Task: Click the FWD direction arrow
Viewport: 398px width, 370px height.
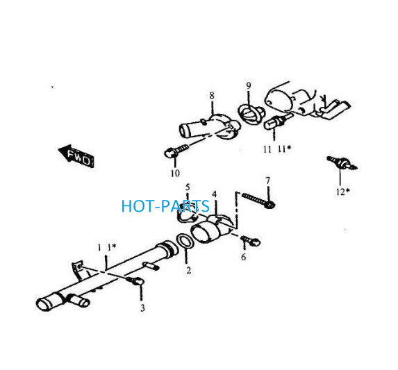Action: (76, 156)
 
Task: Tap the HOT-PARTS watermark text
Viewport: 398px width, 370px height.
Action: (165, 206)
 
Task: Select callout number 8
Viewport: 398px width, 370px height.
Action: (212, 96)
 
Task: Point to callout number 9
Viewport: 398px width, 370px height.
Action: (249, 85)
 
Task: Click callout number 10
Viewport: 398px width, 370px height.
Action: (175, 174)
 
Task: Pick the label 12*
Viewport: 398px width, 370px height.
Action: (343, 192)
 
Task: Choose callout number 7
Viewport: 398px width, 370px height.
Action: (268, 180)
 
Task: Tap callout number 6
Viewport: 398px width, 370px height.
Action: (244, 257)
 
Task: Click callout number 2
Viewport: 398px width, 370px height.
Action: (188, 270)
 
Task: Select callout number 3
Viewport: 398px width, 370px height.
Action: (142, 308)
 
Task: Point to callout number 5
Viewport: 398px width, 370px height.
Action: (188, 187)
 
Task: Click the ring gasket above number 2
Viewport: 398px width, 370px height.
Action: (185, 241)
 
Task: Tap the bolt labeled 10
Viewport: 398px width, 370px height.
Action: (176, 150)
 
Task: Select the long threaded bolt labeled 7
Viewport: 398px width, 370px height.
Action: (258, 201)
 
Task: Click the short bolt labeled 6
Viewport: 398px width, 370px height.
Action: (251, 241)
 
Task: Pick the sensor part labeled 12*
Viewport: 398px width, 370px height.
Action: (342, 162)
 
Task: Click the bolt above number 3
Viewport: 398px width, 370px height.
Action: (135, 280)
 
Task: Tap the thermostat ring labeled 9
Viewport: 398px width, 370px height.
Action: (251, 115)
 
